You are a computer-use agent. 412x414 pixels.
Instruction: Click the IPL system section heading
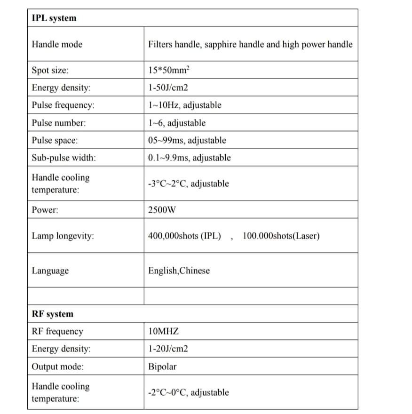coord(54,18)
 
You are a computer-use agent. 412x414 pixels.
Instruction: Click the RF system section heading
coord(52,314)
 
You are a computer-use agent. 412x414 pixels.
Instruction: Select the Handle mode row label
coord(57,45)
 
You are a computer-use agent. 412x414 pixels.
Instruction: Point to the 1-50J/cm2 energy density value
coord(168,88)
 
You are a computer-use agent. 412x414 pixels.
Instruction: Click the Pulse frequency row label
coord(63,105)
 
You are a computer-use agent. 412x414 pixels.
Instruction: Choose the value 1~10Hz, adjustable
coord(184,105)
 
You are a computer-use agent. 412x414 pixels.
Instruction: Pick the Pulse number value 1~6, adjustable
coord(176,123)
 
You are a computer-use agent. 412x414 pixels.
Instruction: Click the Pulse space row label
coord(55,140)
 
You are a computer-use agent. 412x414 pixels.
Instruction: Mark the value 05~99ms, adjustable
coord(187,140)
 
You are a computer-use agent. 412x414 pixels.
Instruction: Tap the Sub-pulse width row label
coord(64,158)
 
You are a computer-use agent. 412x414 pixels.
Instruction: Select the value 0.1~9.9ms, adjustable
coord(189,158)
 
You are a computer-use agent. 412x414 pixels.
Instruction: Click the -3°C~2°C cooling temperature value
coord(188,183)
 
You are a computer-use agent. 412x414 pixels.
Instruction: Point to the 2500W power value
coord(162,210)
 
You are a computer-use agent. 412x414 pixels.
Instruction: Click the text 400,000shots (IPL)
coord(184,236)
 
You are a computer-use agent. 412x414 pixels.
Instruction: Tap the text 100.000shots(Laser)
coord(281,236)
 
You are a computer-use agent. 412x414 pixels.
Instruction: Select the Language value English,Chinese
coord(179,271)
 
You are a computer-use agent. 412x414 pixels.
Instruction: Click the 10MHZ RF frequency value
coord(163,332)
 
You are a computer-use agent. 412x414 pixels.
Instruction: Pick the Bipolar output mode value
coord(162,366)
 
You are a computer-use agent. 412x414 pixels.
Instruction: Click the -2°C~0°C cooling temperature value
coord(188,392)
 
